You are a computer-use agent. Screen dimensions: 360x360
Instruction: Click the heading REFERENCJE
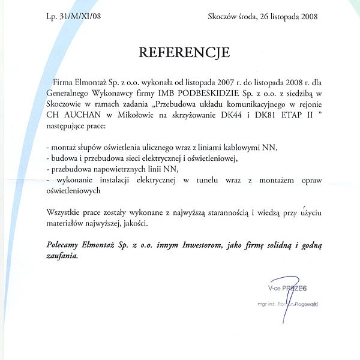184,52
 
